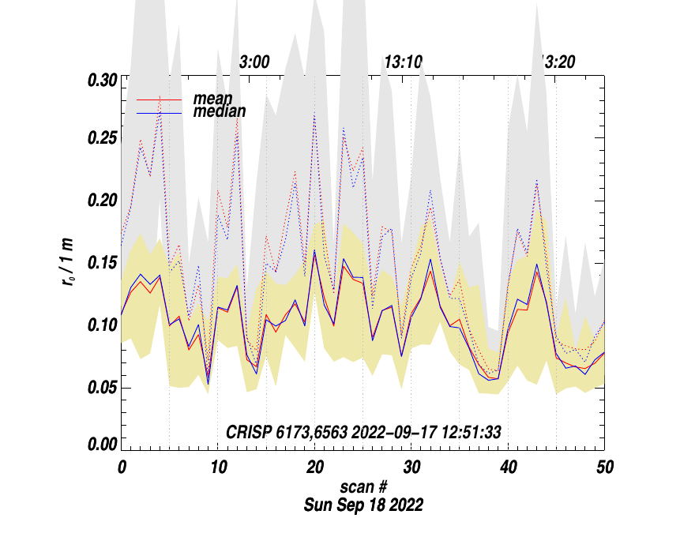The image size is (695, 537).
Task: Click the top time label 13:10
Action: [403, 62]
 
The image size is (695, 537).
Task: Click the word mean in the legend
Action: [212, 100]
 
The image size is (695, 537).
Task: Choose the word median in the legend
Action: [219, 112]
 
